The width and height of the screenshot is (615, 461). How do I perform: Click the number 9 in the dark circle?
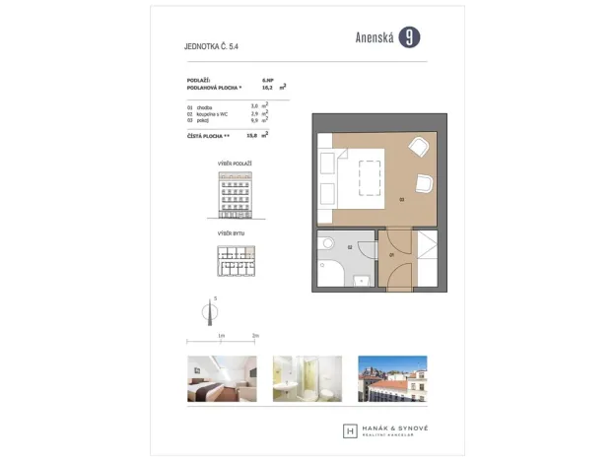point(410,37)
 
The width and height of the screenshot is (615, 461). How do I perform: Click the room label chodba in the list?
point(206,105)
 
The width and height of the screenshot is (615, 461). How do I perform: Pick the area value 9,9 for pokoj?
point(254,119)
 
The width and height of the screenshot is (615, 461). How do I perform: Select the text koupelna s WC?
point(214,112)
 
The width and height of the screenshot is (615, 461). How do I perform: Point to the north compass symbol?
point(207,311)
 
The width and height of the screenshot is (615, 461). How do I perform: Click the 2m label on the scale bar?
point(255,336)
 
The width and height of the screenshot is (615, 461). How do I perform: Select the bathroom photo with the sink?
point(307,379)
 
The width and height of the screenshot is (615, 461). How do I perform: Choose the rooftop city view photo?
point(392,379)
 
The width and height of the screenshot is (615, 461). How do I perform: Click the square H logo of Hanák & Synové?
point(350,430)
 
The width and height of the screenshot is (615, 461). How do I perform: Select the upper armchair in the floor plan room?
point(418,147)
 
